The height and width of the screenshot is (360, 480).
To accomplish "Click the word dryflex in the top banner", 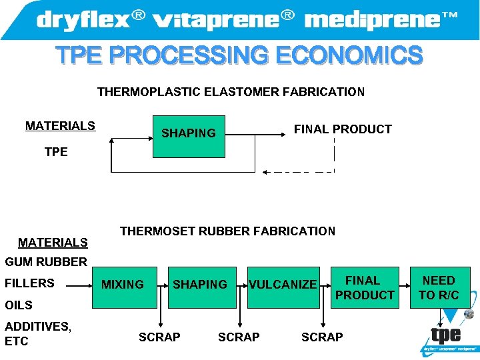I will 83,20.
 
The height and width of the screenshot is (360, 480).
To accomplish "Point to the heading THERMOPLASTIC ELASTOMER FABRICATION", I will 231,92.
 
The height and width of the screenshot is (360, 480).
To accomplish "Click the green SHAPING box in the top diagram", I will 189,133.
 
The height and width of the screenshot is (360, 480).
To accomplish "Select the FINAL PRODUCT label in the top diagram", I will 343,129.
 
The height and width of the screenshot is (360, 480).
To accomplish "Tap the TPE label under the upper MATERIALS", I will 56,152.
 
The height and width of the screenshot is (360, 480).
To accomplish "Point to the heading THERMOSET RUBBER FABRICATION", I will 227,231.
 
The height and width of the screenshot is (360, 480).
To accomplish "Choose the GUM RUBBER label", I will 46,262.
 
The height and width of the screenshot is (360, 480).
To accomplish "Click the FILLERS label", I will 29,283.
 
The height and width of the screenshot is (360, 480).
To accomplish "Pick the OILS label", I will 19,305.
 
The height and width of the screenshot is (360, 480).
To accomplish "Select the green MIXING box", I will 123,285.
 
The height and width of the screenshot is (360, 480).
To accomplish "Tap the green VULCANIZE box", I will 283,285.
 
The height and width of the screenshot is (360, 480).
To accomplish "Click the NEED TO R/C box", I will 439,288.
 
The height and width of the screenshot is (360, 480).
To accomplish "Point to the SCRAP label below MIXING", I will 159,337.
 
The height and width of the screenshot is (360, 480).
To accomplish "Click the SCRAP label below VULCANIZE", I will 322,337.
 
